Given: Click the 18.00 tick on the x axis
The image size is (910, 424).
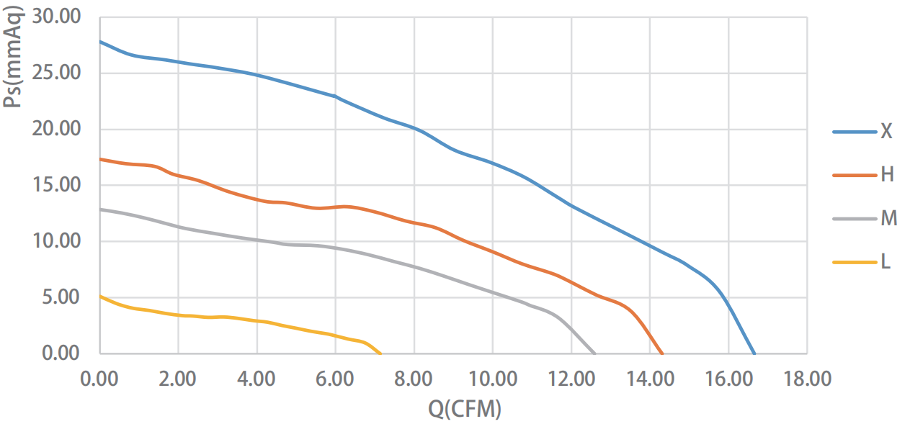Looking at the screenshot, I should [x=806, y=379].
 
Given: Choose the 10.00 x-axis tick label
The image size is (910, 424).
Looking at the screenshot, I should [x=492, y=379].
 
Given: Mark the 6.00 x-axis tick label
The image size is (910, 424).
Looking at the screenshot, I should [x=335, y=379].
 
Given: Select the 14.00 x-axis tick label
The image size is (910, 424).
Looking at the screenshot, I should [x=649, y=379].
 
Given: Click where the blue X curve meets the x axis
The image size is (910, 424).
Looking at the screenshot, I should [x=754, y=353].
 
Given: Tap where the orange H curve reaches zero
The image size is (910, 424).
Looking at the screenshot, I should [x=662, y=353].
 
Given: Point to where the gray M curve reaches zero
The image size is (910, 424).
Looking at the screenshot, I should [x=595, y=353].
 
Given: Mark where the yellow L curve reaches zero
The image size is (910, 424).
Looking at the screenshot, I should [x=380, y=353].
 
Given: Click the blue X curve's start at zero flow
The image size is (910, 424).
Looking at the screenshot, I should [x=100, y=41].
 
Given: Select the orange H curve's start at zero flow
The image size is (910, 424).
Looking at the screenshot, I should [x=100, y=159].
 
